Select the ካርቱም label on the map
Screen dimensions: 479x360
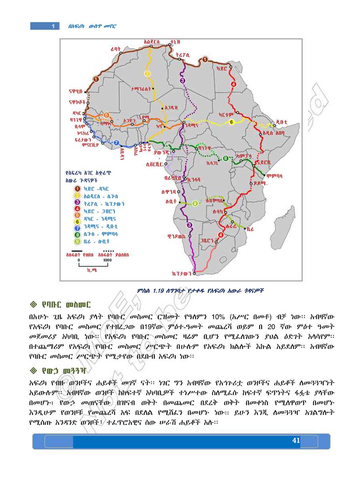pos(226,114)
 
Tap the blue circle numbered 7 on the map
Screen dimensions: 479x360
pos(116,142)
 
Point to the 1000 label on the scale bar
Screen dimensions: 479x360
pos(107,260)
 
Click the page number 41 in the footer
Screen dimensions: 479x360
pos(296,441)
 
